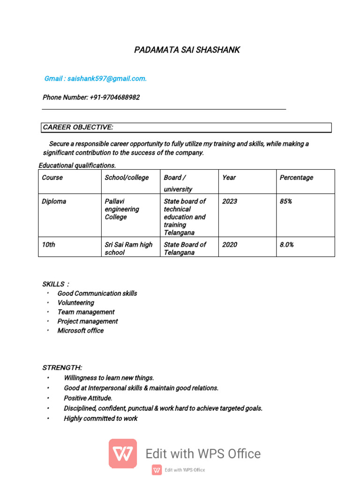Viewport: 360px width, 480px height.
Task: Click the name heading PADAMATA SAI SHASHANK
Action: (187, 50)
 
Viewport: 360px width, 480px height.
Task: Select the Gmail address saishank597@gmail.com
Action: (107, 79)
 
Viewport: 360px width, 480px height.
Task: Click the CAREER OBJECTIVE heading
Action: (78, 127)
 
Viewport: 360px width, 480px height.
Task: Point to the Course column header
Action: (52, 178)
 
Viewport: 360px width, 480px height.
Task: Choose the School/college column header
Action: (127, 178)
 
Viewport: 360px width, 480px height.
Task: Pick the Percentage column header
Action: (296, 178)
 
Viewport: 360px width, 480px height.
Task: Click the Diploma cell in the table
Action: (54, 202)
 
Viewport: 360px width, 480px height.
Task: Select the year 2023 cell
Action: (230, 202)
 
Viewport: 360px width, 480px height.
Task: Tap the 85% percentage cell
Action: (286, 202)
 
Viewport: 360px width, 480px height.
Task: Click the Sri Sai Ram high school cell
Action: (128, 248)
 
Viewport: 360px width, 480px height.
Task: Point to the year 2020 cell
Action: (230, 245)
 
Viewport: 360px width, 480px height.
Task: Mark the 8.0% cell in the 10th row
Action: (287, 245)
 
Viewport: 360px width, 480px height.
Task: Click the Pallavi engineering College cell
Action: (122, 209)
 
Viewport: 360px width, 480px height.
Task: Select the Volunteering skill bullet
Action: (75, 303)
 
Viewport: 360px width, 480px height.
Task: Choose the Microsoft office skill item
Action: (80, 331)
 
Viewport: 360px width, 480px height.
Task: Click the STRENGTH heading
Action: (62, 367)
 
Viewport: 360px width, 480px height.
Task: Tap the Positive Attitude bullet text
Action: (88, 398)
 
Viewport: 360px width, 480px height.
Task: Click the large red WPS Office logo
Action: (123, 453)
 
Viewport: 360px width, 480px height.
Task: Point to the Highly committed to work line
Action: (100, 419)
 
